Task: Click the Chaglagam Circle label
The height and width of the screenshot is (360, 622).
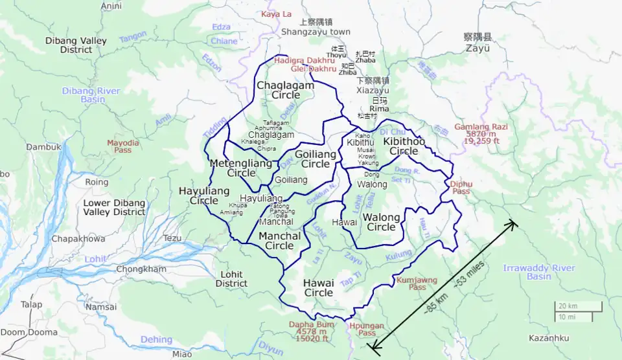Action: click(285, 90)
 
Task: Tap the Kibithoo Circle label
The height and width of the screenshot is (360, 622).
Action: click(404, 146)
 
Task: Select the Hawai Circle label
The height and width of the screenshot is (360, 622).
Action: click(318, 287)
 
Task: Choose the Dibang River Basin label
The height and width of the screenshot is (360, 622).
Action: click(91, 95)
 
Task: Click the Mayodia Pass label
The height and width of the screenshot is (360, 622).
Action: click(123, 146)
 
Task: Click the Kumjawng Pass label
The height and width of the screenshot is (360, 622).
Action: click(416, 283)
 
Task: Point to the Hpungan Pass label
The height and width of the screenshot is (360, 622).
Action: click(362, 329)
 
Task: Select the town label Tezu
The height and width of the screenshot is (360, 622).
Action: click(172, 238)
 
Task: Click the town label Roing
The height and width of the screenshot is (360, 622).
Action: click(97, 183)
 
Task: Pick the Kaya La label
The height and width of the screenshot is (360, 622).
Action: click(277, 14)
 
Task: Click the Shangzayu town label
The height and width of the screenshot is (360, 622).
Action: click(316, 32)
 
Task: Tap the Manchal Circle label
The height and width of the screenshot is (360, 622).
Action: click(280, 241)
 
